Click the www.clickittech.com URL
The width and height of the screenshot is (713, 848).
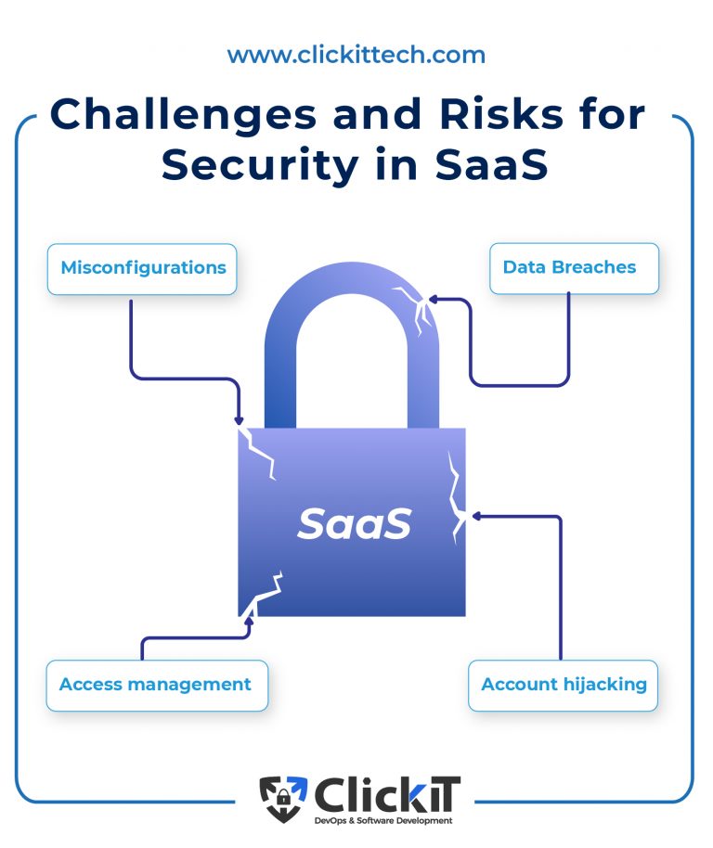(356, 55)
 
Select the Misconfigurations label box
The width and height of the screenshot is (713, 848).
(143, 268)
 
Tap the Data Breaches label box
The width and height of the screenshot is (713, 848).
(569, 268)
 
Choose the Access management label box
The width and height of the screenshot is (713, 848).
(155, 685)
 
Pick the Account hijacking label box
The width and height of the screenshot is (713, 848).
(564, 685)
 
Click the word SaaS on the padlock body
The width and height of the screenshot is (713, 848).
(354, 524)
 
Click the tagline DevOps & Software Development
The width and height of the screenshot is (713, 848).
(382, 820)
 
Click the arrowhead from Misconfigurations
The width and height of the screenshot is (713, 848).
(240, 420)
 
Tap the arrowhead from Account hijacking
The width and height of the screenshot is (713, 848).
(474, 516)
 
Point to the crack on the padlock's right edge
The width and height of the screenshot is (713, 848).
(456, 496)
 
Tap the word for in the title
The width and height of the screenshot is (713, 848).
(603, 116)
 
